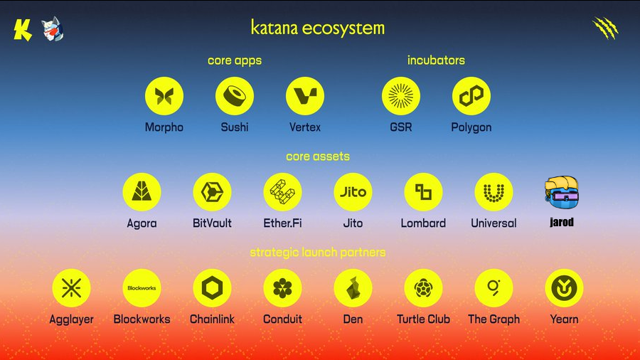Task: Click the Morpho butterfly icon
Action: coord(164,96)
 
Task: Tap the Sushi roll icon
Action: coord(235,96)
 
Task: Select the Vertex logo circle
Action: coord(305,96)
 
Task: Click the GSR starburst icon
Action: coord(401,96)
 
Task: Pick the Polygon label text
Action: coord(471,127)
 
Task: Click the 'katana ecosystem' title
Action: coord(318,28)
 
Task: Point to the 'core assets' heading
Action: coord(318,156)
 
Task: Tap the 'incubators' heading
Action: coord(436,60)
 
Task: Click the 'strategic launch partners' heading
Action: coord(318,253)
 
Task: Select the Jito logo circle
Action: coord(353,192)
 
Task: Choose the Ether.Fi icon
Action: coord(282,192)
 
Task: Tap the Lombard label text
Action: coord(423,223)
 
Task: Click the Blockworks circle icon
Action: coord(142,288)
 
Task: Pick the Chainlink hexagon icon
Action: coord(212,288)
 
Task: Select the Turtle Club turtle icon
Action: coord(423,288)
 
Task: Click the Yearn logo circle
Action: coord(564,288)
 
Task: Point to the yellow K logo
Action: coord(23,30)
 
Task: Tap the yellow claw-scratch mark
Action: coord(606,28)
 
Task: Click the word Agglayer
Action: coord(71,319)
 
